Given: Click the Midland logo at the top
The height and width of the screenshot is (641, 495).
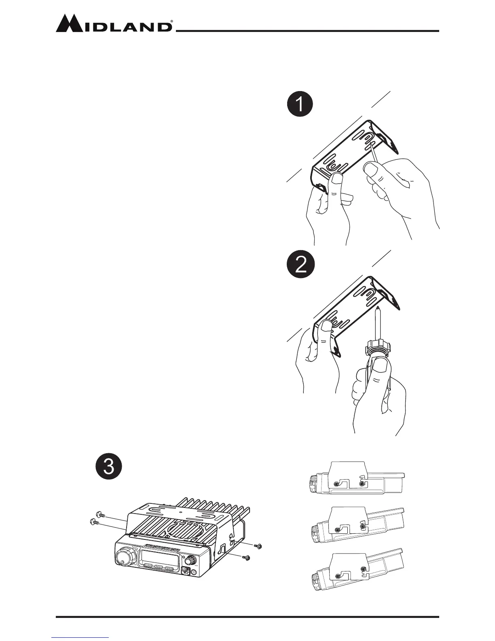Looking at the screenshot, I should (114, 24).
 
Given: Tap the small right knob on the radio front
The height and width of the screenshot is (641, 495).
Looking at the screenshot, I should (191, 560).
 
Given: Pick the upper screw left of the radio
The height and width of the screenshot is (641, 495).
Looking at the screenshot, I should (100, 515).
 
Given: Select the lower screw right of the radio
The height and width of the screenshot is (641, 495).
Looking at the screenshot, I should (246, 558).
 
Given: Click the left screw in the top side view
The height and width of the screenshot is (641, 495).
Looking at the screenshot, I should (337, 484).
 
